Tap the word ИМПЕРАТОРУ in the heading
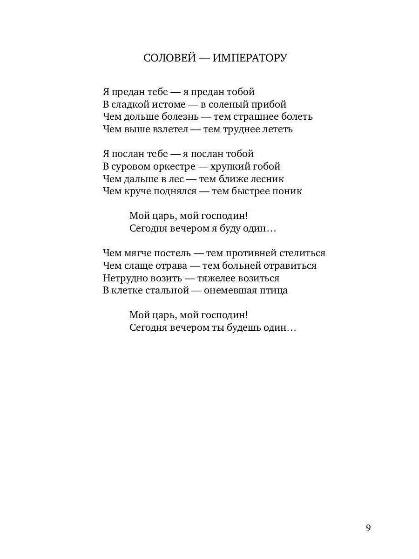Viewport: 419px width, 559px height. coord(250,58)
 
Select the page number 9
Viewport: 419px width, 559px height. coord(368,528)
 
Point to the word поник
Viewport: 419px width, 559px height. coord(289,191)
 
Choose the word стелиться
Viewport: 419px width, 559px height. coord(302,253)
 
